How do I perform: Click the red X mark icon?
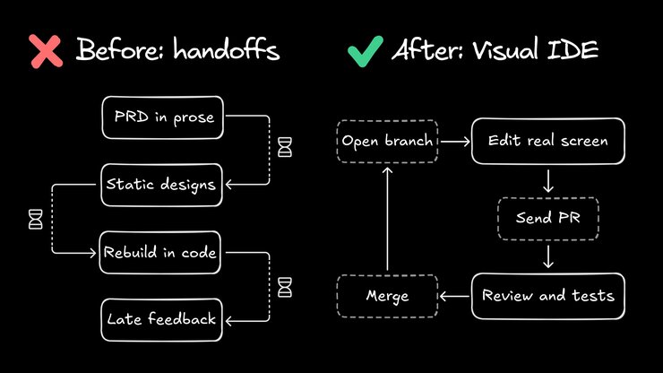(47, 50)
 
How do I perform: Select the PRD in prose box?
(164, 118)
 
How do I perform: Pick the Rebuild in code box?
(160, 252)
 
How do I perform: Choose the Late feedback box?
(161, 318)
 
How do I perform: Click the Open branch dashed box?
(388, 141)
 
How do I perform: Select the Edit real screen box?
(547, 141)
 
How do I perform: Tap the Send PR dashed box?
(547, 218)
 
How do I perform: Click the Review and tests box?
(547, 295)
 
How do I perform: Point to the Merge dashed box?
(387, 295)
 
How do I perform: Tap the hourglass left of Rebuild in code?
(36, 218)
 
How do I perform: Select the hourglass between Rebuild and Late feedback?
(284, 286)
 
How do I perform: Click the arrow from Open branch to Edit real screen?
(456, 141)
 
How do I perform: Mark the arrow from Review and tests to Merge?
(454, 295)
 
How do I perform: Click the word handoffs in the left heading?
(228, 50)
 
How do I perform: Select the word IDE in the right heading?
(573, 50)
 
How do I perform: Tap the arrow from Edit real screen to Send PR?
(547, 180)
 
